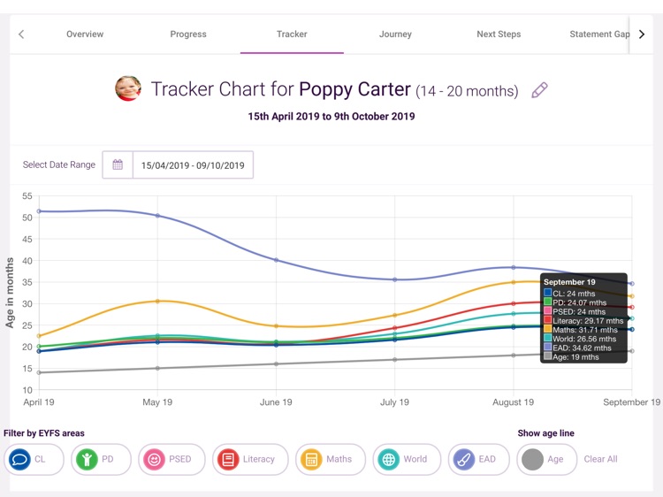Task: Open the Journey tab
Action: pyautogui.click(x=395, y=34)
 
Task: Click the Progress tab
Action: pyautogui.click(x=188, y=34)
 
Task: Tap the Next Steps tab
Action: pyautogui.click(x=499, y=34)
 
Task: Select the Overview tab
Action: pyautogui.click(x=85, y=34)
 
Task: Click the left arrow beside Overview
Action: pyautogui.click(x=21, y=34)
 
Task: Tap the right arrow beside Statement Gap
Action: pyautogui.click(x=642, y=34)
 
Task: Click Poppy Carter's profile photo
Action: pyautogui.click(x=128, y=88)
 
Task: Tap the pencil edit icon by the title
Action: pyautogui.click(x=539, y=90)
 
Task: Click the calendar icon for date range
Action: pyautogui.click(x=118, y=164)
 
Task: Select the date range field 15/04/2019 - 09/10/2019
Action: pyautogui.click(x=193, y=165)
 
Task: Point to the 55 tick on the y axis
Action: pyautogui.click(x=27, y=196)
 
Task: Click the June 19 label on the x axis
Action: pyautogui.click(x=276, y=402)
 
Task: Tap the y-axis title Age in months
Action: pyautogui.click(x=11, y=293)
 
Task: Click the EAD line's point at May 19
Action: pyautogui.click(x=157, y=216)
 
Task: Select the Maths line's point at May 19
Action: pyautogui.click(x=157, y=302)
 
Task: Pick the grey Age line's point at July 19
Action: pyautogui.click(x=395, y=359)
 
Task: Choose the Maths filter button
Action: pyautogui.click(x=330, y=459)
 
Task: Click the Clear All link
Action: pyautogui.click(x=600, y=459)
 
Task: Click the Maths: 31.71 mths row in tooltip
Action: pyautogui.click(x=584, y=330)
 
